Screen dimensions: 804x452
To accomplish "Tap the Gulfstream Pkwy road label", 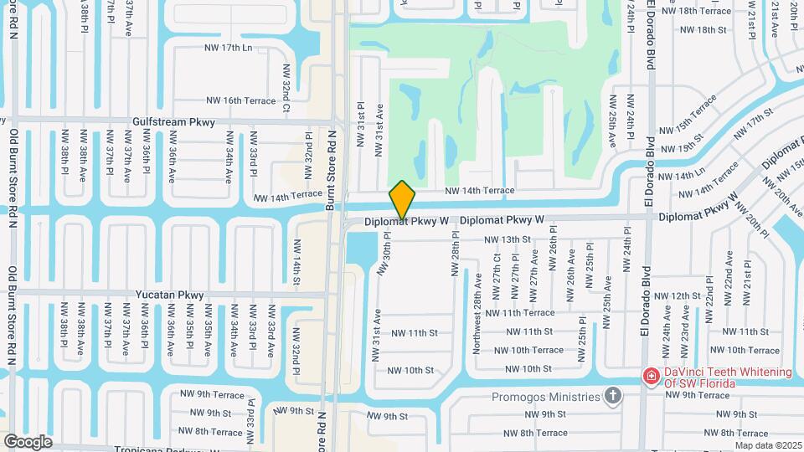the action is (173, 122).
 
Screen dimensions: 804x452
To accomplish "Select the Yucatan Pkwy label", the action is (169, 295).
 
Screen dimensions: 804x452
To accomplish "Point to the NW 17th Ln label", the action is (228, 48).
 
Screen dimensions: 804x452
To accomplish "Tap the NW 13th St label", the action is (508, 239).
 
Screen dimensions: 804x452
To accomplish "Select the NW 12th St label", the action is (677, 296).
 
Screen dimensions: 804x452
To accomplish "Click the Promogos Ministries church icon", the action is (613, 395).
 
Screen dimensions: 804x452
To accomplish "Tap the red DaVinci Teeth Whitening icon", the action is (651, 378).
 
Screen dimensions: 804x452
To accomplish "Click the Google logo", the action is (28, 441).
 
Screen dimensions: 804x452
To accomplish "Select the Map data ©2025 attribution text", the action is (768, 445).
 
